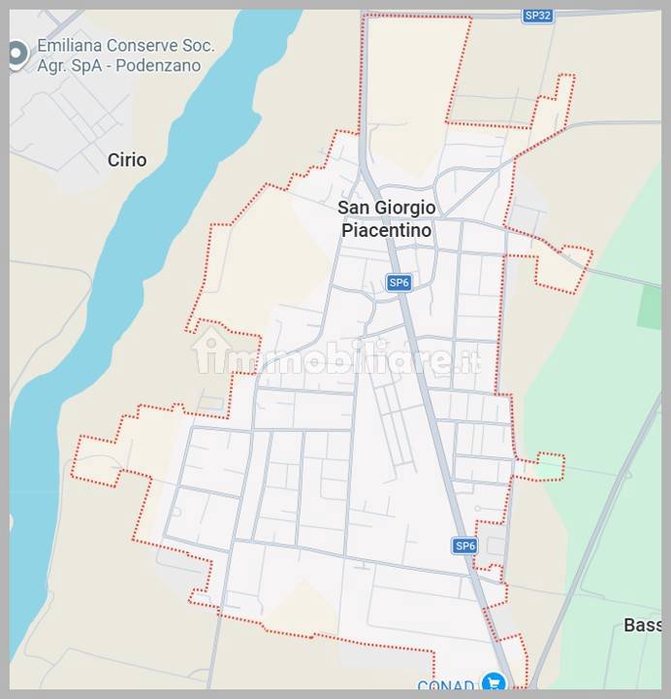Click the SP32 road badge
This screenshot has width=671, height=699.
point(537,15)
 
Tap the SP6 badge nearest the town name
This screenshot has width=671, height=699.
point(399,283)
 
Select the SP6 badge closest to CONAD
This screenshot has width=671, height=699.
point(464,546)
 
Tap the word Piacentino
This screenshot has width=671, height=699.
point(386,231)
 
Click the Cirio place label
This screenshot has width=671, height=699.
point(127,160)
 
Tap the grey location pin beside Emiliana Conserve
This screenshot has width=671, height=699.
point(16,54)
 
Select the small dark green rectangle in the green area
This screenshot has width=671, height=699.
point(649,307)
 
